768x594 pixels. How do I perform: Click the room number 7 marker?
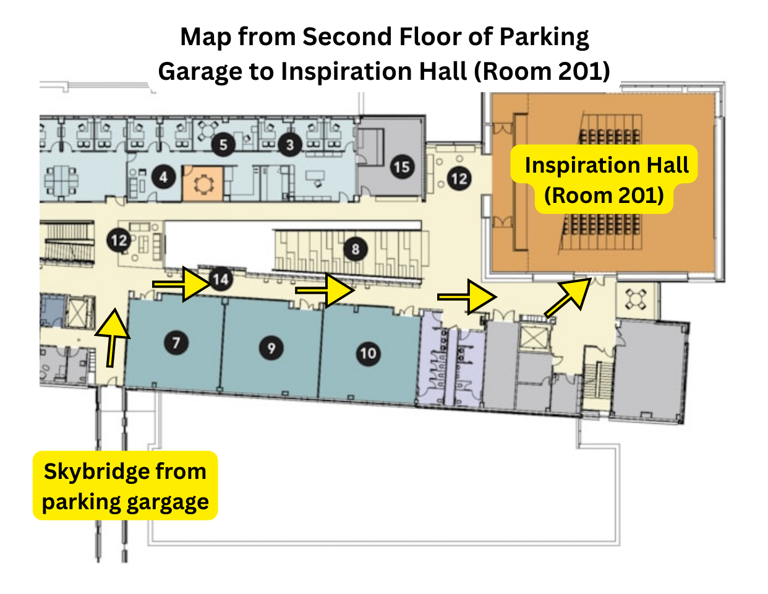[x=176, y=342]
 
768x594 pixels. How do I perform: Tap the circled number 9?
[x=271, y=348]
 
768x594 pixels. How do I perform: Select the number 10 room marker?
[x=368, y=353]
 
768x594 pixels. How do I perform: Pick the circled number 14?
[x=220, y=280]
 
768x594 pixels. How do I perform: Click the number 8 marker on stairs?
[x=355, y=249]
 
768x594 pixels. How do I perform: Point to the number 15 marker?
[x=402, y=166]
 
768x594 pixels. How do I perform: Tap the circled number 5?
[x=223, y=145]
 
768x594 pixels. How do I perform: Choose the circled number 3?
[x=290, y=145]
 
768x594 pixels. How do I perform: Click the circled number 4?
[x=163, y=178]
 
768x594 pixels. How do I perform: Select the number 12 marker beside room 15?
[x=459, y=179]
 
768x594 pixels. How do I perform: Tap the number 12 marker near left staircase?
[x=119, y=239]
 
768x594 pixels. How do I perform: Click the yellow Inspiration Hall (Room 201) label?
[x=605, y=179]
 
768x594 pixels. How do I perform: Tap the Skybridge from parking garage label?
[x=125, y=486]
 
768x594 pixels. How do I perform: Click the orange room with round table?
[x=202, y=183]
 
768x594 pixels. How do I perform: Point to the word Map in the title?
[x=205, y=37]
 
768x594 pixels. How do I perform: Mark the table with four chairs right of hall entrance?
[x=636, y=299]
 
